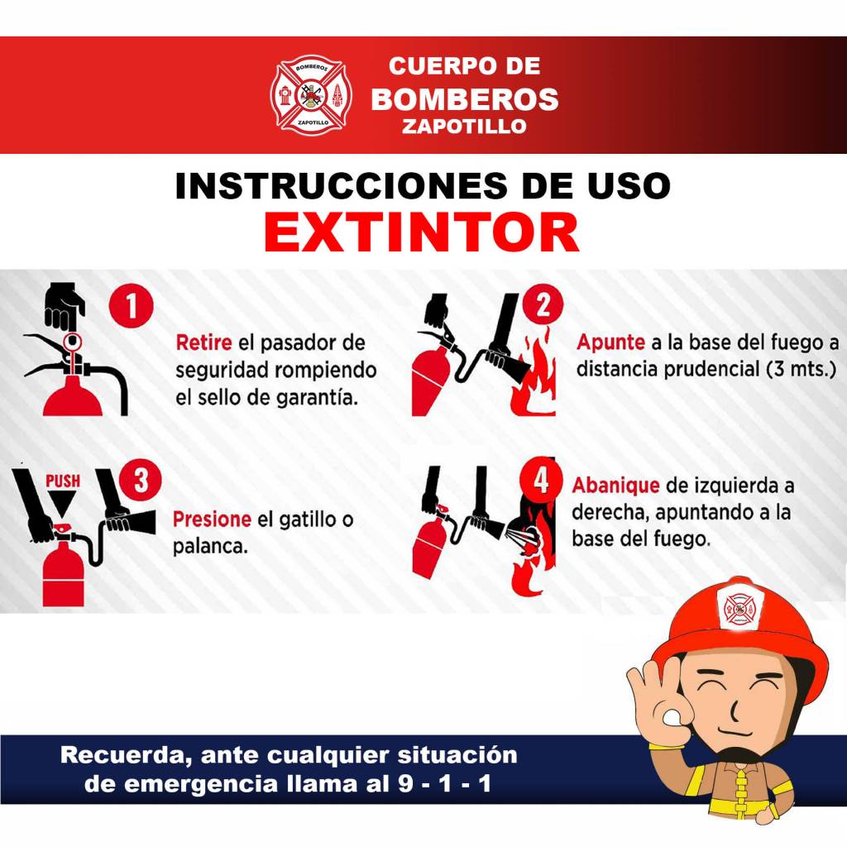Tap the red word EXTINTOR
422,232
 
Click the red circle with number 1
132,306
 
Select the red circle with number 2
543,304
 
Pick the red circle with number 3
141,480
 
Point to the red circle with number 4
541,479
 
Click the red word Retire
203,342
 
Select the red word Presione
212,519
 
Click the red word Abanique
615,486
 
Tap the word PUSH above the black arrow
63,481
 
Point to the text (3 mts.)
801,370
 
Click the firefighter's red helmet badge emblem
739,609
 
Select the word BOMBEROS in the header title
465,99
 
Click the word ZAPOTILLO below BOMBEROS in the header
465,127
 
